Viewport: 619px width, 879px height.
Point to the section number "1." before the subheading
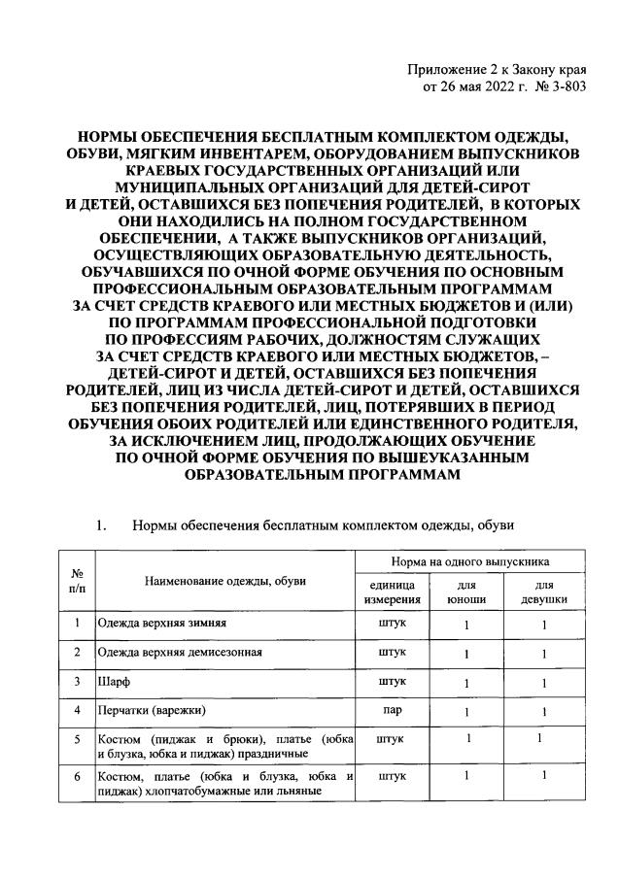100,526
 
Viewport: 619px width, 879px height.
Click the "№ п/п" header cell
76,581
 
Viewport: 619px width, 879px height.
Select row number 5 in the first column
76,742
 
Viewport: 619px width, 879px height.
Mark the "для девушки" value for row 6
544,775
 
